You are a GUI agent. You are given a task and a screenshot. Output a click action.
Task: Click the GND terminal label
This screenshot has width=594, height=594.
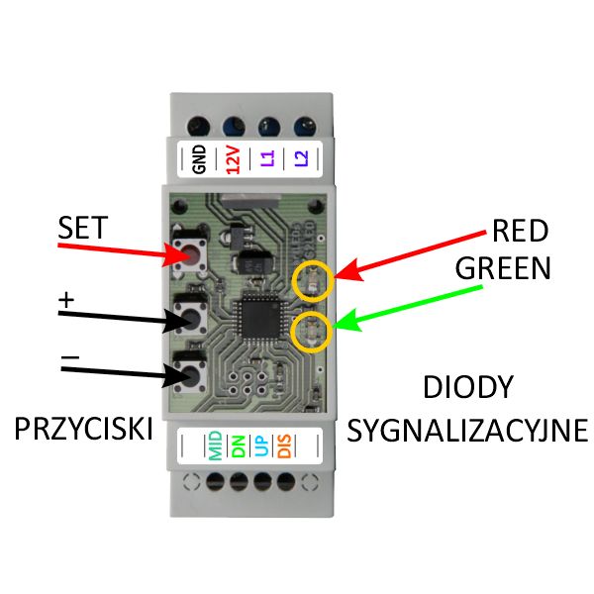click(198, 158)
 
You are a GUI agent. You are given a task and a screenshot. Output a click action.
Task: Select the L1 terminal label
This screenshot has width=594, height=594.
click(265, 158)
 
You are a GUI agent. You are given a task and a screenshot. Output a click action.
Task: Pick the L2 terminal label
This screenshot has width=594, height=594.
click(299, 158)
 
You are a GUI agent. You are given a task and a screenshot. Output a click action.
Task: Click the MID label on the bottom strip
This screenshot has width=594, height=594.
click(215, 445)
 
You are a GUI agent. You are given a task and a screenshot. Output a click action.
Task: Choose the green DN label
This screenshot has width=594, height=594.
click(238, 445)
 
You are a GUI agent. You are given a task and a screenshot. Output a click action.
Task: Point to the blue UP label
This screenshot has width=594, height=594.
click(260, 445)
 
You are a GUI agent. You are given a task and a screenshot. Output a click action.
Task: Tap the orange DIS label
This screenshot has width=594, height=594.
click(284, 445)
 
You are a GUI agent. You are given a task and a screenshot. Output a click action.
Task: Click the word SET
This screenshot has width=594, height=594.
click(83, 229)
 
